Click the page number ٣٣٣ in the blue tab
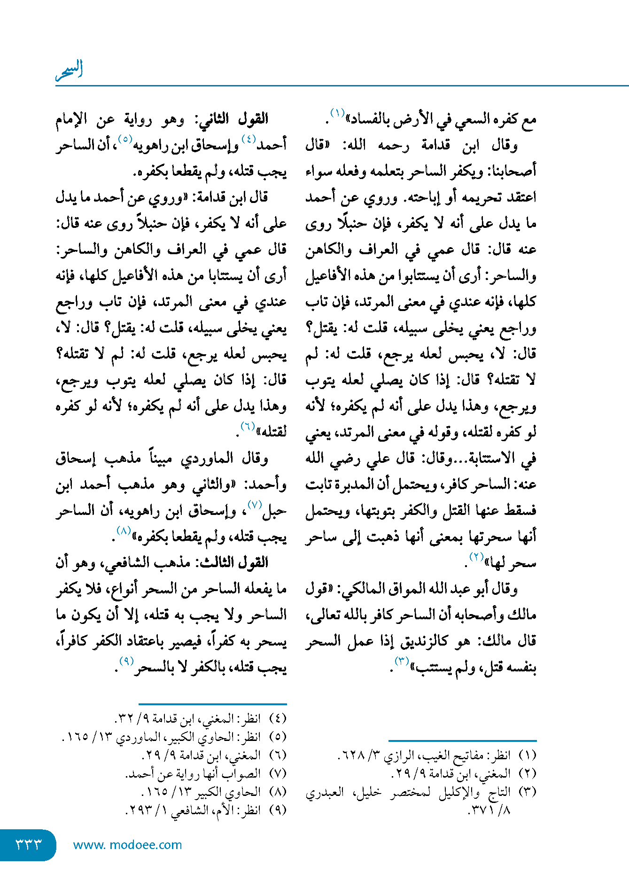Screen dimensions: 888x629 [x=29, y=844]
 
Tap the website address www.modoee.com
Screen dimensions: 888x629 [x=127, y=845]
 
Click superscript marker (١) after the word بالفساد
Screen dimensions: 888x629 [x=338, y=113]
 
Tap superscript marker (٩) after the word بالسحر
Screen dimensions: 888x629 [x=126, y=661]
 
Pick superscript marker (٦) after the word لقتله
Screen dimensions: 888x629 [x=248, y=426]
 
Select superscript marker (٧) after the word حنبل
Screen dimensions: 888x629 [x=254, y=505]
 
